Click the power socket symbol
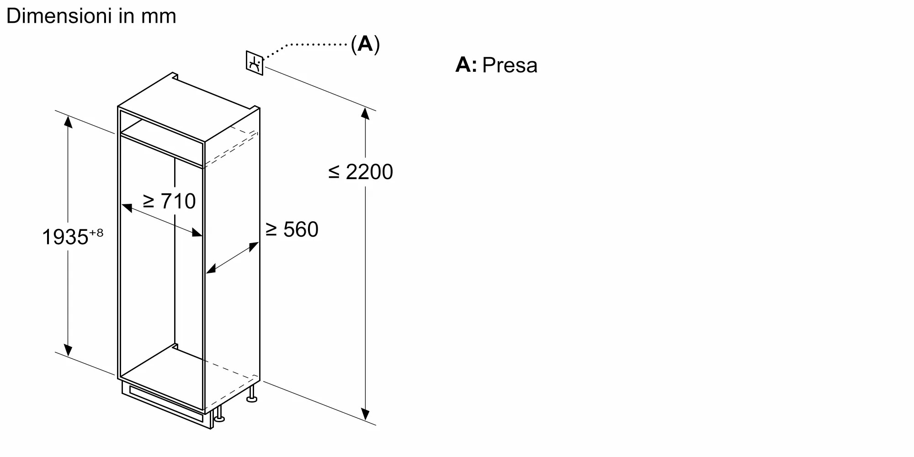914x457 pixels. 255,63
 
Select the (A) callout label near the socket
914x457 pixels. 365,44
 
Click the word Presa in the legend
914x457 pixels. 510,65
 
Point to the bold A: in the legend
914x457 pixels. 466,65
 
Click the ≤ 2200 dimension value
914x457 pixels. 361,172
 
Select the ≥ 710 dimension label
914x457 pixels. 169,202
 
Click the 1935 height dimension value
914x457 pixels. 65,237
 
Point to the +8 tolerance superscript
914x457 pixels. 96,233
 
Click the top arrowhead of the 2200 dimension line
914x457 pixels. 365,113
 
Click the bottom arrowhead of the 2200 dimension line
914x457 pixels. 365,414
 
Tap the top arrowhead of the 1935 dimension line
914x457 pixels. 68,122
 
